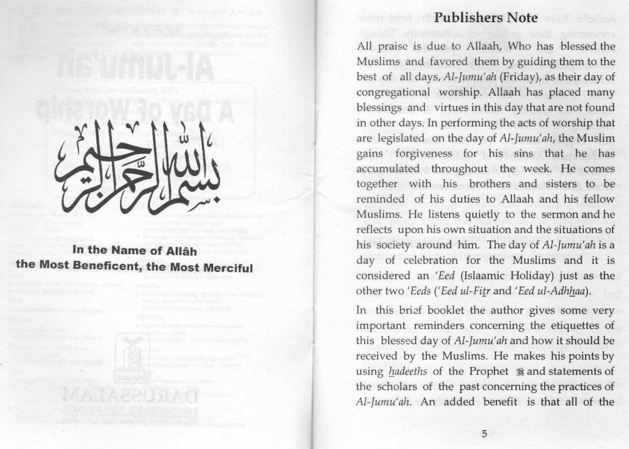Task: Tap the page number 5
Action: coord(484,433)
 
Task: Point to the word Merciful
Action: coord(229,267)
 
